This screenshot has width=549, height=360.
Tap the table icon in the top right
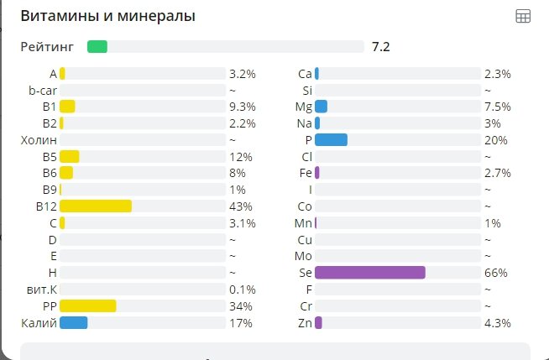(523, 16)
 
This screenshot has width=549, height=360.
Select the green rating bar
(97, 46)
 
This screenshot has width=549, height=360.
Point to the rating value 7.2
(381, 46)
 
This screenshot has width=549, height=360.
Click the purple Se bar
(369, 273)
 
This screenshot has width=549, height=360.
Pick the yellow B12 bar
(96, 206)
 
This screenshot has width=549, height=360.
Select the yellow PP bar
(88, 306)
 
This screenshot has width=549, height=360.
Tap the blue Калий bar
(73, 323)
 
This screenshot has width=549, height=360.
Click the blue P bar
(331, 140)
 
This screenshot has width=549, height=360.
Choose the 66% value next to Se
(495, 274)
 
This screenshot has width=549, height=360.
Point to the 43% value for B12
(241, 206)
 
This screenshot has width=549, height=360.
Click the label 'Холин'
(39, 140)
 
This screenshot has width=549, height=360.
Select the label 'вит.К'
(41, 290)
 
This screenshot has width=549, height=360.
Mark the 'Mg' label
(304, 107)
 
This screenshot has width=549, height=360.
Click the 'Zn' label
(305, 323)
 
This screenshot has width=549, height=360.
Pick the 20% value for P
(495, 140)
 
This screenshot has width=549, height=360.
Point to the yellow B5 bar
(70, 157)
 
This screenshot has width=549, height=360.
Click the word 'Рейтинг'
(47, 46)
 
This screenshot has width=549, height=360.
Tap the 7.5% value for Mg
(497, 107)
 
